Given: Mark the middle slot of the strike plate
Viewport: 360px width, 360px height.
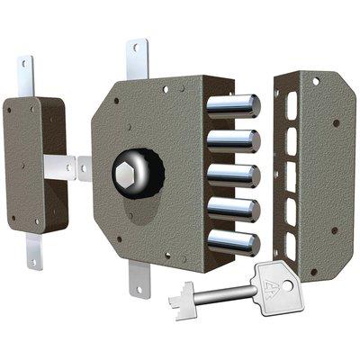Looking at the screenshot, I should click(290, 179).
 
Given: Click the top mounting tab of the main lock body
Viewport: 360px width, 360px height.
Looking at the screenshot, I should click(137, 59).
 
